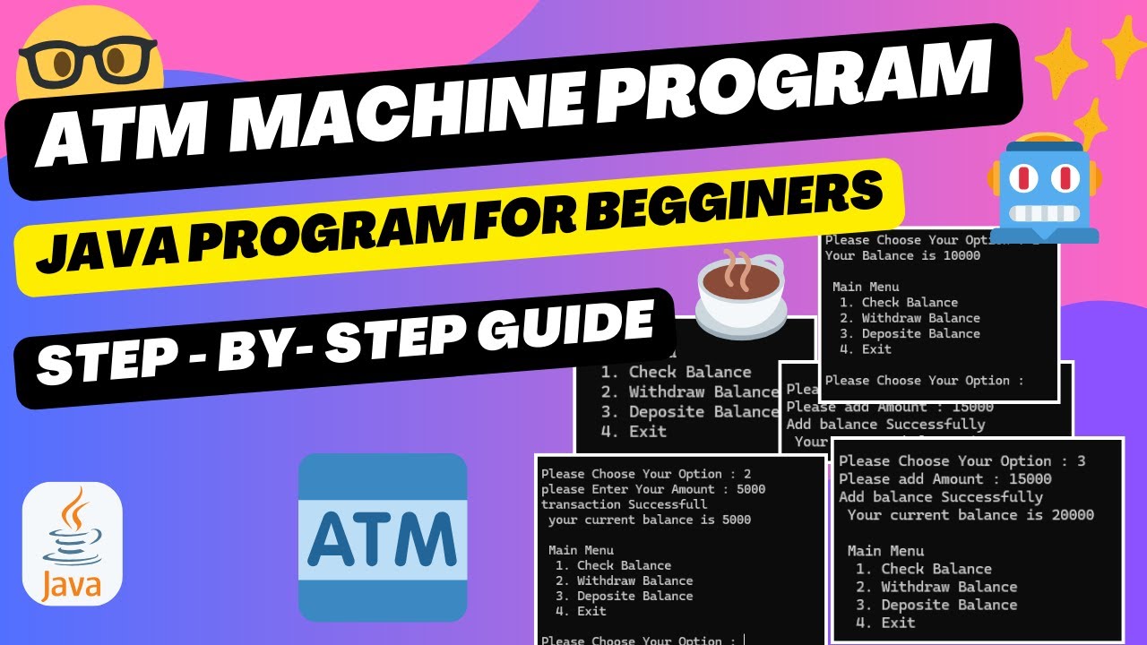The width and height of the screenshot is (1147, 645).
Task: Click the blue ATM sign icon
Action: click(x=383, y=537)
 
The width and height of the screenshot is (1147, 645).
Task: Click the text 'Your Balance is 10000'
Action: click(x=902, y=255)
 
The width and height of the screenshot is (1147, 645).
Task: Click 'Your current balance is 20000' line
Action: click(x=970, y=515)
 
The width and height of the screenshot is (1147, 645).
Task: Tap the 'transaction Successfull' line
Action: click(x=611, y=504)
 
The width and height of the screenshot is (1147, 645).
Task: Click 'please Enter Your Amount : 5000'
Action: click(x=653, y=489)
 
